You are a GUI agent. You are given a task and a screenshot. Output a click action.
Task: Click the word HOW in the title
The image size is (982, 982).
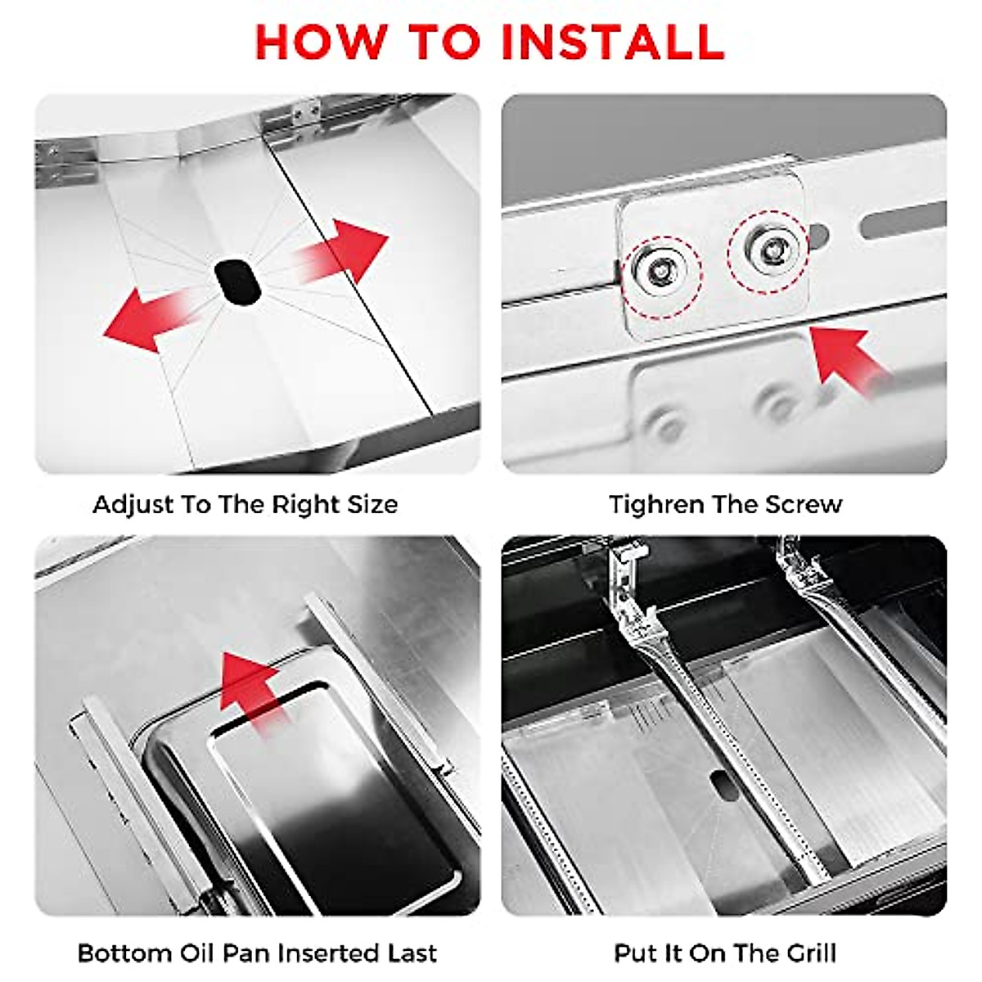[x=318, y=41]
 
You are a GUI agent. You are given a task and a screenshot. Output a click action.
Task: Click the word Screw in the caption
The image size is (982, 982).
[x=807, y=504]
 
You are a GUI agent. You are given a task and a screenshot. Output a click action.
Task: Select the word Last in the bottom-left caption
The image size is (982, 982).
[x=412, y=953]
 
